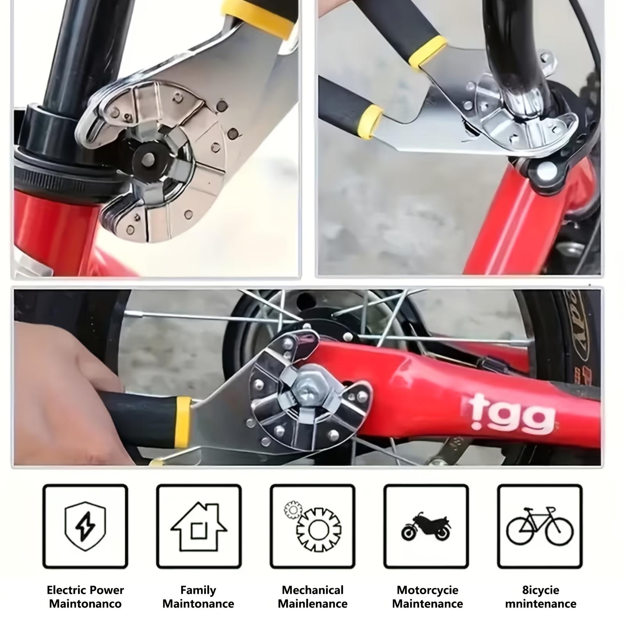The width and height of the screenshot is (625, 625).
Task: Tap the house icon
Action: pos(199,527)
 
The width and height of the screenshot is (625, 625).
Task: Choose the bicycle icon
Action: pos(540,526)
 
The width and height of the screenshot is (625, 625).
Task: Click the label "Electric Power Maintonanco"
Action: pos(85,596)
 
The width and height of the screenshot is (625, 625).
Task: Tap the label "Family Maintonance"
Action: pos(198,596)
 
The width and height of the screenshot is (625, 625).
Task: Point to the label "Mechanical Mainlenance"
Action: pos(312,596)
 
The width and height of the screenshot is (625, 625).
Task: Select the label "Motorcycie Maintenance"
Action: pos(427,596)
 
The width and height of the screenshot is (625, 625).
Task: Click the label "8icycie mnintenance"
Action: pos(541,596)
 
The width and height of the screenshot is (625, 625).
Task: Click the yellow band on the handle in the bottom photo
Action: pos(183,421)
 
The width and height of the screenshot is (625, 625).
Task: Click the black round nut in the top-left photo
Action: pos(149,158)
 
